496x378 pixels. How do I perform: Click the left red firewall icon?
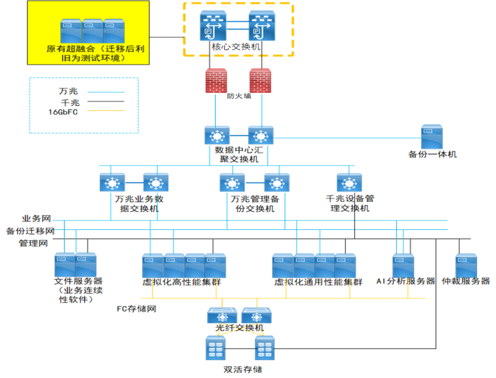click(x=215, y=81)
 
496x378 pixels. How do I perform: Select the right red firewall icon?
click(x=260, y=81)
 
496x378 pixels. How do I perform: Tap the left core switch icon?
click(x=213, y=27)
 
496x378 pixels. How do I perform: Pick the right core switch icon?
click(x=262, y=27)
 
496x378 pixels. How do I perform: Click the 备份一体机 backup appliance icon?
click(x=432, y=137)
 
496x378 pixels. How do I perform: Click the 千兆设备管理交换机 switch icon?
click(x=349, y=183)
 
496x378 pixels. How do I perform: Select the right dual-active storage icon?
click(x=265, y=348)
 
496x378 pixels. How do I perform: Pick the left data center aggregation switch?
click(x=217, y=136)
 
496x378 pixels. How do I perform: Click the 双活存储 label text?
click(x=242, y=369)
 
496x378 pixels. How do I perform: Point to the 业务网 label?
click(x=36, y=218)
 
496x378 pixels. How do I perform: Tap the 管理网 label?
click(x=33, y=243)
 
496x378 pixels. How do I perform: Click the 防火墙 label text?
click(x=239, y=96)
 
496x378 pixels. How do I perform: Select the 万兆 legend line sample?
click(x=106, y=92)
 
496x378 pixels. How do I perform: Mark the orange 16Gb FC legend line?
click(x=106, y=111)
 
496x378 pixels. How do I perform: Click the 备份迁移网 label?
click(x=30, y=230)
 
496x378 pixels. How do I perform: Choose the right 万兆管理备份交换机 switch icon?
click(x=276, y=183)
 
